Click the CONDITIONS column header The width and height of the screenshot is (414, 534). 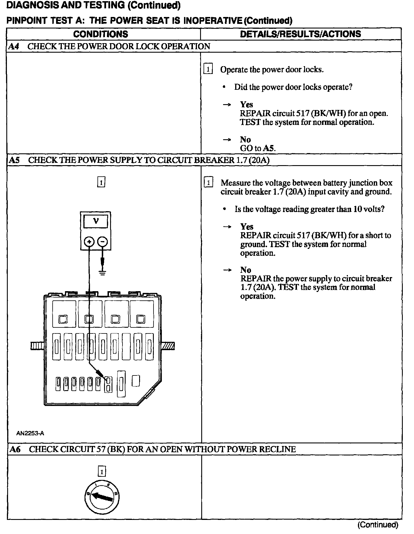(x=101, y=34)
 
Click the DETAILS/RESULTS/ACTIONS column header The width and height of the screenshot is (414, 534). (x=300, y=34)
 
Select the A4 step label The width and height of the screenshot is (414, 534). (x=14, y=46)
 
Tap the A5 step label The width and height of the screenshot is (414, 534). (x=14, y=160)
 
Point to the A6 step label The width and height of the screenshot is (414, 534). (x=15, y=449)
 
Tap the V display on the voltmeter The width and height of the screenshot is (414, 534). (x=96, y=221)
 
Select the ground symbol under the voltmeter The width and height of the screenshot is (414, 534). (x=102, y=272)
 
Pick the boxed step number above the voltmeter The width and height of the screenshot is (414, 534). (x=101, y=182)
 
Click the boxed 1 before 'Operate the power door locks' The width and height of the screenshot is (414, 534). (x=208, y=69)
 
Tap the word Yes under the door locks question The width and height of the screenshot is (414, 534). (x=246, y=104)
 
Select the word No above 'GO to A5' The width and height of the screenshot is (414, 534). (x=246, y=140)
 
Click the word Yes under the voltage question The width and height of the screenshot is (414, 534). (x=247, y=226)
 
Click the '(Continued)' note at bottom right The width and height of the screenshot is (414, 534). (x=378, y=525)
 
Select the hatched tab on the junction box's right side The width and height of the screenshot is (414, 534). (x=168, y=346)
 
